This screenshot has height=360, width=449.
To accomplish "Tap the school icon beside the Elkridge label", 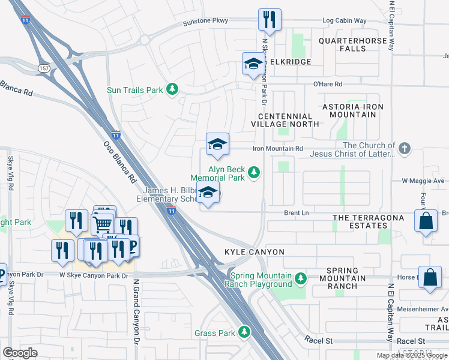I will [253, 64].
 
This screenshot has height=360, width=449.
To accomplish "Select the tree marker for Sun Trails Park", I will [172, 89].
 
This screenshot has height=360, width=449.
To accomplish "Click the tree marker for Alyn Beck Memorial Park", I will [254, 173].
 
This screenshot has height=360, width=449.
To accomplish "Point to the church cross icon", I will [405, 148].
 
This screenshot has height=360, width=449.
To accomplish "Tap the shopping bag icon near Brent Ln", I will [425, 220].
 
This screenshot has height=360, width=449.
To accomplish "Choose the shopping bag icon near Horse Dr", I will [430, 277].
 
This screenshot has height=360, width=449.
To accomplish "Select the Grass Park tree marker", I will [244, 332].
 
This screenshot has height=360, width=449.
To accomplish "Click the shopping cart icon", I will [102, 224].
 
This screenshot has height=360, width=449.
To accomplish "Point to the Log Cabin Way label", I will [344, 21].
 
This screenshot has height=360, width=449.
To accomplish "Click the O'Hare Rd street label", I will [327, 85].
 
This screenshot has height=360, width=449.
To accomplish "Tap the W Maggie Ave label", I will [423, 181].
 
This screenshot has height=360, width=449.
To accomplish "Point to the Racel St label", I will [318, 341].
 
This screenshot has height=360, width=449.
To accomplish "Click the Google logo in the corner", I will [20, 352].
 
